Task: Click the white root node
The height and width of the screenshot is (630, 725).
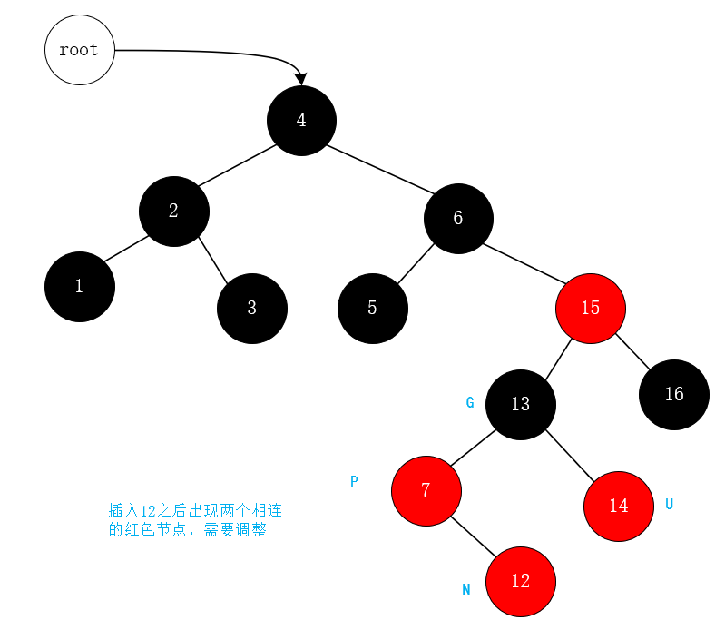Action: pyautogui.click(x=79, y=51)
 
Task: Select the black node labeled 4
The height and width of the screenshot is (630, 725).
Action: pyautogui.click(x=301, y=121)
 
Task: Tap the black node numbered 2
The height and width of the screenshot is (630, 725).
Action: pyautogui.click(x=173, y=211)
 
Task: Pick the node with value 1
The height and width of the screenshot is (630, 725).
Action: pyautogui.click(x=79, y=287)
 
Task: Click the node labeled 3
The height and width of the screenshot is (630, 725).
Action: pyautogui.click(x=251, y=308)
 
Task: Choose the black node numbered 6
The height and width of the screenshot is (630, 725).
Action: pyautogui.click(x=458, y=218)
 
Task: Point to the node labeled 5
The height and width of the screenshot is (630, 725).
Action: pyautogui.click(x=372, y=308)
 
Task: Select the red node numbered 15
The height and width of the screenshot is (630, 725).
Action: pyautogui.click(x=591, y=308)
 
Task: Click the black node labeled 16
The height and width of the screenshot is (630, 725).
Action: pyautogui.click(x=673, y=394)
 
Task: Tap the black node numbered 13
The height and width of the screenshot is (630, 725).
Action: pyautogui.click(x=520, y=404)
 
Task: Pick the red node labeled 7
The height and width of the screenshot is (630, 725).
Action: pyautogui.click(x=426, y=490)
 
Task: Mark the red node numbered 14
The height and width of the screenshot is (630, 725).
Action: pyautogui.click(x=618, y=506)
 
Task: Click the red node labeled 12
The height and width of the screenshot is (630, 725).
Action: pyautogui.click(x=520, y=581)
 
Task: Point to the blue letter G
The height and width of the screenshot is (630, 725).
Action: pyautogui.click(x=470, y=403)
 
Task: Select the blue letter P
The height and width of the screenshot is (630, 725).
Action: pyautogui.click(x=354, y=482)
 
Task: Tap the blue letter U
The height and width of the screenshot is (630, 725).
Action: pyautogui.click(x=669, y=504)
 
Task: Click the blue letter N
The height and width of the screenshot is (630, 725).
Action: pyautogui.click(x=466, y=590)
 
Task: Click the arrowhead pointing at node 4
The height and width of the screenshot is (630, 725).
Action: pyautogui.click(x=300, y=79)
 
